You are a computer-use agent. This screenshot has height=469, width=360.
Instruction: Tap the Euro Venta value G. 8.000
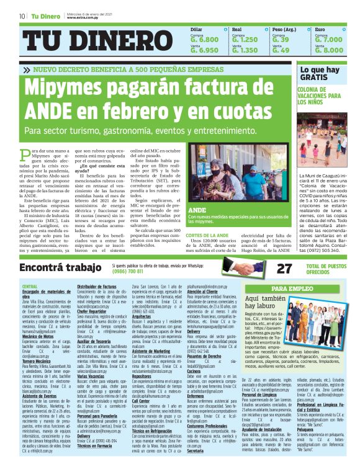(328, 50)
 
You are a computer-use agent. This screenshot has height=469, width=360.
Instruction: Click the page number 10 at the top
(22, 16)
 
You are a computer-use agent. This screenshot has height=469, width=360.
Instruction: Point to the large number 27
(284, 268)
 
